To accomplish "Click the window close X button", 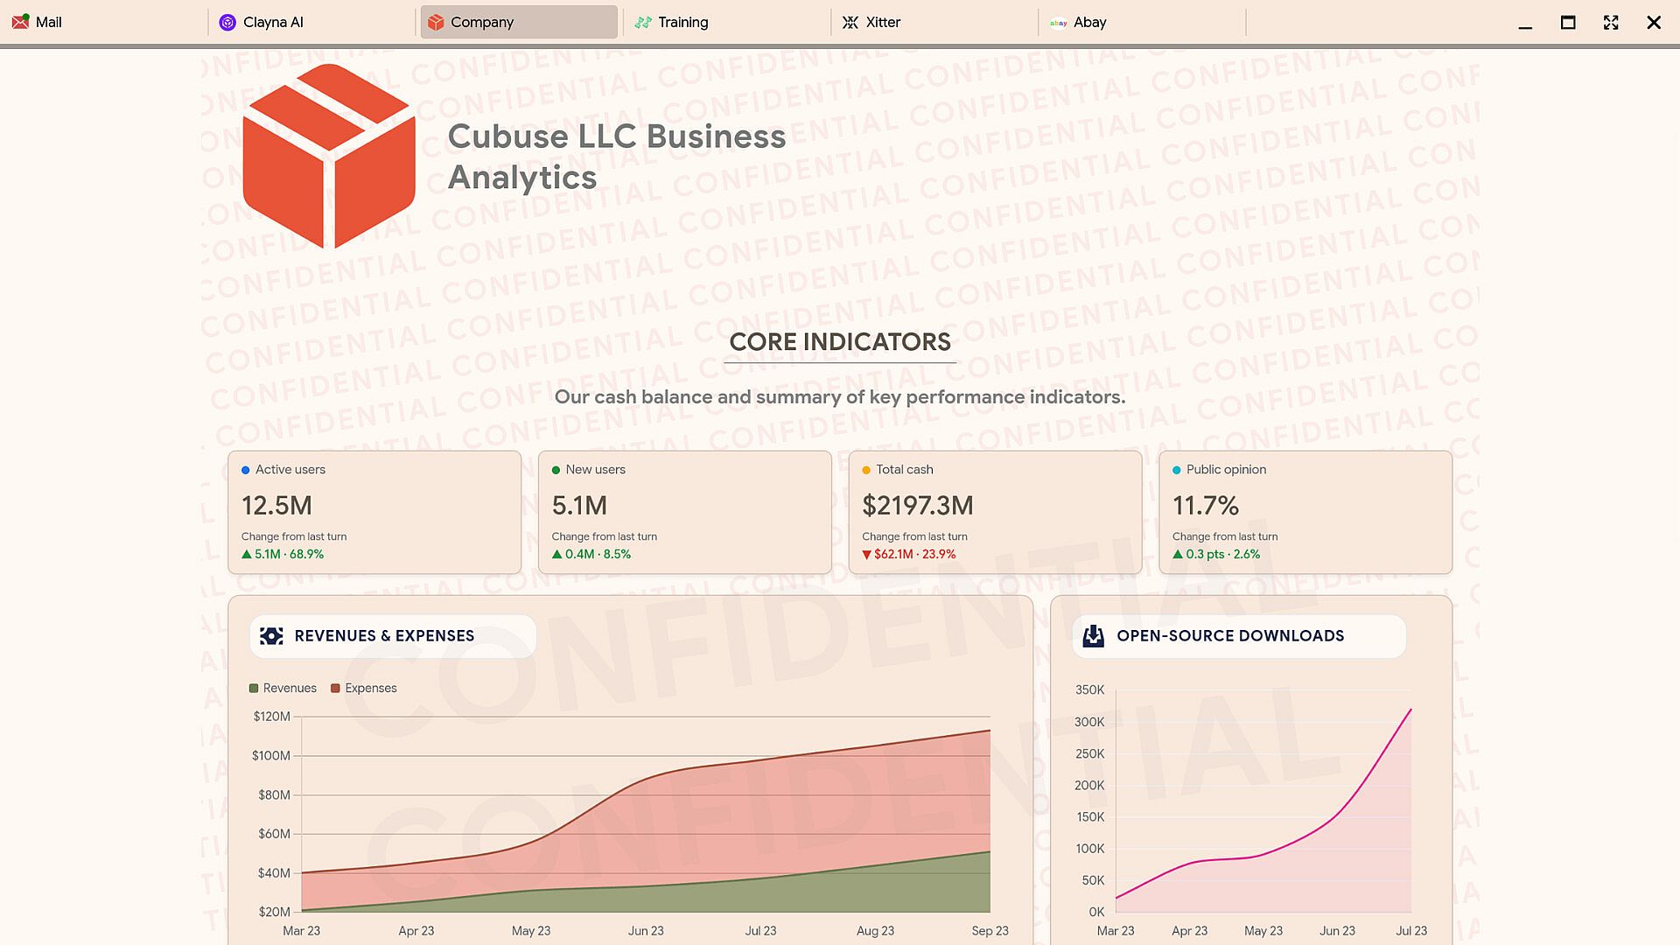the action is tap(1653, 23).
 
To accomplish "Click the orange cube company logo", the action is tap(329, 156).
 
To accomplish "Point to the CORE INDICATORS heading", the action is tap(840, 342).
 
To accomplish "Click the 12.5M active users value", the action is tap(276, 506).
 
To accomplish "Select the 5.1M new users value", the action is tap(579, 506).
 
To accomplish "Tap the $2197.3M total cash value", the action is tap(917, 506).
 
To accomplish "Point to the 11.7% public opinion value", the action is tap(1205, 506).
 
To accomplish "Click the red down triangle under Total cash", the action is tap(866, 555).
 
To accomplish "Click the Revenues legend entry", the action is tap(283, 689).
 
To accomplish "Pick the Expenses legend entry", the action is tap(363, 689).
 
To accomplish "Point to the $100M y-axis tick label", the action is tap(271, 756).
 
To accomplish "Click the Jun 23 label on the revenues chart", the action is tap(646, 931).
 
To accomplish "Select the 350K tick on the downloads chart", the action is tap(1089, 690).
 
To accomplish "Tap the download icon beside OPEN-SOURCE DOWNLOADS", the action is tap(1094, 636).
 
